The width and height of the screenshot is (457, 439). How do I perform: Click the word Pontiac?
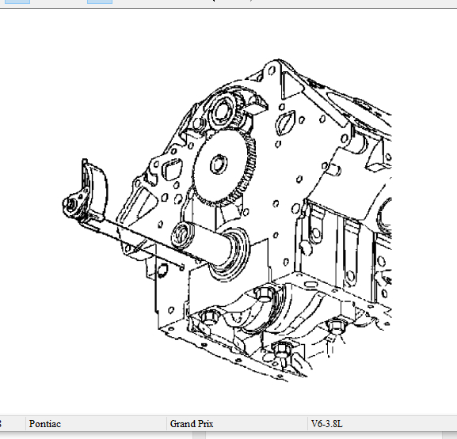45,424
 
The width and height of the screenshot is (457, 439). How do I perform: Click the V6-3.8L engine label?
327,424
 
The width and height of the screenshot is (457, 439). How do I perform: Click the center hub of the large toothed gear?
219,165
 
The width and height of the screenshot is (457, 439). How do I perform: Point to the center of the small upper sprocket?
223,110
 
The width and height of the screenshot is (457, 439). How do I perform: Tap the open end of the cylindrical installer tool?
183,235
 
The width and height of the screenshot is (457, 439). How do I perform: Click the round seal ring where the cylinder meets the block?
231,254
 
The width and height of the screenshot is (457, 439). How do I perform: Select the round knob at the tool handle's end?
70,204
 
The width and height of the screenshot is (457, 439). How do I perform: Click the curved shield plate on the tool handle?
95,189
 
